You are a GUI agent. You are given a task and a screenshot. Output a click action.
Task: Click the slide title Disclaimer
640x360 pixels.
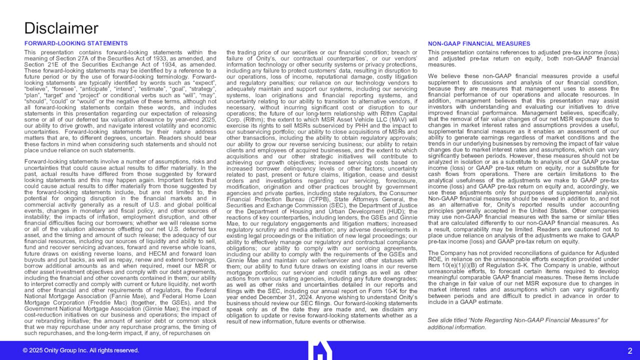point(61,28)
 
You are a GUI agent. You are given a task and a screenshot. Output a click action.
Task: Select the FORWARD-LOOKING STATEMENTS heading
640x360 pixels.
point(76,43)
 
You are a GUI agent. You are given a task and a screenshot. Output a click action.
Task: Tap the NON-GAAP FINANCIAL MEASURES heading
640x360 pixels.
point(479,43)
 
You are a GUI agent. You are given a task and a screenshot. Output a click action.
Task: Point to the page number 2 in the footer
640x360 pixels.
point(630,351)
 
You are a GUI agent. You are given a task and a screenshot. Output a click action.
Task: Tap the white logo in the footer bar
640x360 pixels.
point(322,350)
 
